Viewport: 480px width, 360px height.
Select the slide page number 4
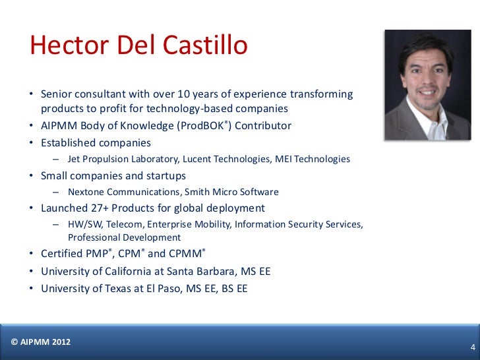(472, 347)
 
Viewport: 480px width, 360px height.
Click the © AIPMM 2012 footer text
(41, 342)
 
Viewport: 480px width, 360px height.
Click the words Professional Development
(124, 237)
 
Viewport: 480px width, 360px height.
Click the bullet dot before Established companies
(31, 143)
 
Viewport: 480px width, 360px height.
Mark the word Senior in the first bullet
(57, 94)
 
